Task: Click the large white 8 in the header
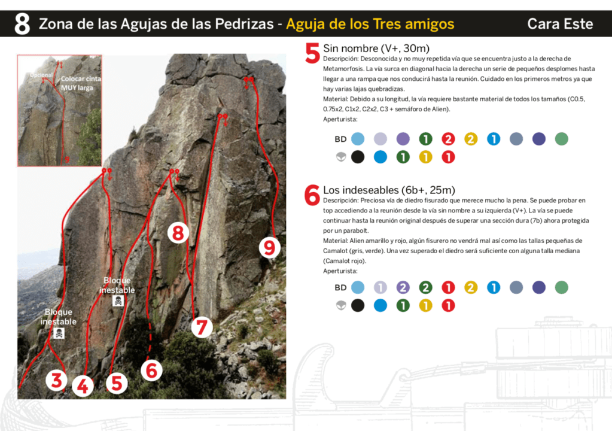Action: point(22,24)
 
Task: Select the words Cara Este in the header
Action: point(560,24)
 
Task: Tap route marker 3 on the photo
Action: point(56,380)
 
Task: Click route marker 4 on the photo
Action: point(83,386)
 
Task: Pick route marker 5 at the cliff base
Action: point(116,383)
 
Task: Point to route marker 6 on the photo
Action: point(151,370)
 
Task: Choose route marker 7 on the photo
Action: point(202,327)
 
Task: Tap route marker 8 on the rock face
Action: point(178,233)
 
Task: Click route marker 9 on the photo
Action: point(270,247)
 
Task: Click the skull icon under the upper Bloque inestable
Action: point(118,301)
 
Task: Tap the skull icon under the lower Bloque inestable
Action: point(59,333)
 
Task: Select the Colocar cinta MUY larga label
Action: point(80,83)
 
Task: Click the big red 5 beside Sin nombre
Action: point(313,53)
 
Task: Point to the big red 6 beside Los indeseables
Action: point(312,195)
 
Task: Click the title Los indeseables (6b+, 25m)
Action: point(389,190)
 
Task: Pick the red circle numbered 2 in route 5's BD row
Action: point(448,139)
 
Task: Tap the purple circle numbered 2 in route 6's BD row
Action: point(403,287)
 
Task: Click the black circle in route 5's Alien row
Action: point(358,157)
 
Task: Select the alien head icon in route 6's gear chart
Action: point(341,306)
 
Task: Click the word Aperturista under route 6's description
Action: point(340,271)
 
